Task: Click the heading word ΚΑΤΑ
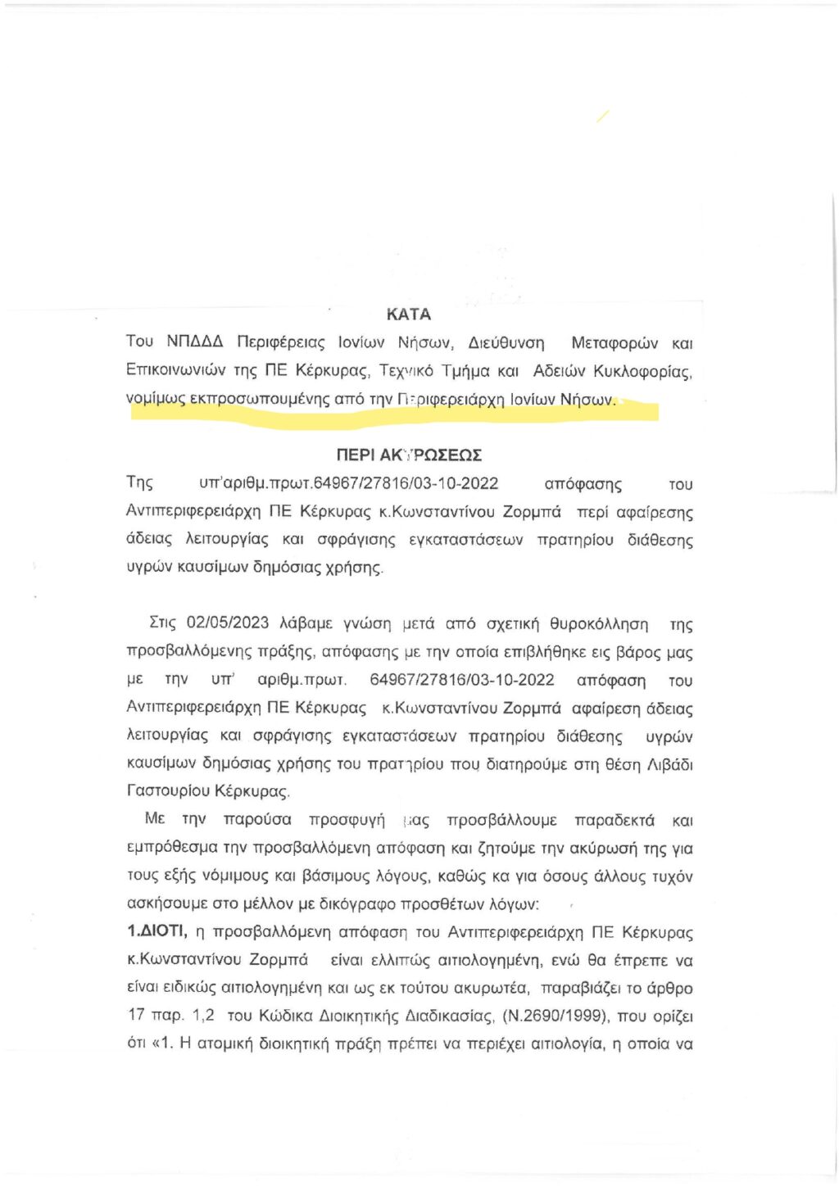[x=408, y=314]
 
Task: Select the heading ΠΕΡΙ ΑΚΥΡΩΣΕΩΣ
[x=408, y=455]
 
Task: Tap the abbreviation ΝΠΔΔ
[x=194, y=342]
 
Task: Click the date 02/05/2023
[x=228, y=622]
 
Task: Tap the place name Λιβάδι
[x=669, y=764]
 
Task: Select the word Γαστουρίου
[x=167, y=791]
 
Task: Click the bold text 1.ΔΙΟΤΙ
[x=157, y=931]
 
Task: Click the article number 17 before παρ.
[x=136, y=1015]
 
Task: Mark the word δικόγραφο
[x=353, y=904]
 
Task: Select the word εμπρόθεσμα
[x=173, y=848]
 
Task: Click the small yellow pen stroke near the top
[x=602, y=116]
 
